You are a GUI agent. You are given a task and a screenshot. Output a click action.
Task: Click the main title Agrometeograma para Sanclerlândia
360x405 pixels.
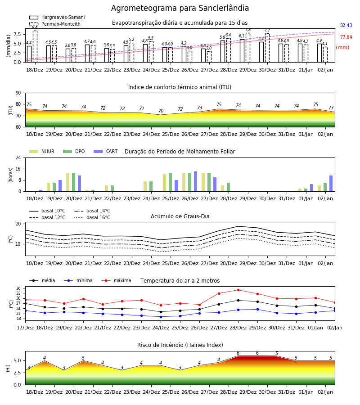(180, 8)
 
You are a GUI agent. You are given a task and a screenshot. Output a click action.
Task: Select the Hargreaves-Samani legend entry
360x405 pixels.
(57, 17)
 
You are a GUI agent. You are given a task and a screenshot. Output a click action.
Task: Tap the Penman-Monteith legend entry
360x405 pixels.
(55, 24)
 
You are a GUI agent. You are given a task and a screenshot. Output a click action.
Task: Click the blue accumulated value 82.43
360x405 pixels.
(346, 25)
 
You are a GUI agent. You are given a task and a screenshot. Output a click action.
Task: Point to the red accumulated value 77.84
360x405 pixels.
(346, 37)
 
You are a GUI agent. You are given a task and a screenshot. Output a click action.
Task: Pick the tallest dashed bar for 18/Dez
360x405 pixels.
(35, 46)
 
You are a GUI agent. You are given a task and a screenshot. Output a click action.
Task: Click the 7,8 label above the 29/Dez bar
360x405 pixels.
(248, 30)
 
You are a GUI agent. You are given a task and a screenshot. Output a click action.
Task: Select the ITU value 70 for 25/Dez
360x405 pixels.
(161, 111)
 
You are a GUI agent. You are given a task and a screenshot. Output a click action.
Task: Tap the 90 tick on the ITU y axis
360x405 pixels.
(18, 93)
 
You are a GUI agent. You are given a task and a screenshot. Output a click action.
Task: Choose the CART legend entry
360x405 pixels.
(106, 151)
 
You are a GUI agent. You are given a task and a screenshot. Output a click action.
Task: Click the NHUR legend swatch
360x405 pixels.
(34, 151)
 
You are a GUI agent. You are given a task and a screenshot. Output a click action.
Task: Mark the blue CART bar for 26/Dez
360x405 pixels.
(195, 181)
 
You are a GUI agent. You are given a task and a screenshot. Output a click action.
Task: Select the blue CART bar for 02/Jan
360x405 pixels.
(331, 184)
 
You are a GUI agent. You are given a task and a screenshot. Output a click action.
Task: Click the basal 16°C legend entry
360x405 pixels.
(92, 217)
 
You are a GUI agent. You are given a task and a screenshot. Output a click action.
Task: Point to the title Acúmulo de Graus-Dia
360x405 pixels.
(180, 216)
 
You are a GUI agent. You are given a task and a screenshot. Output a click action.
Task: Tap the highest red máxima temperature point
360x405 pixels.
(238, 290)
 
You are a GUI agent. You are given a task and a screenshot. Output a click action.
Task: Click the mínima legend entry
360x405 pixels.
(78, 280)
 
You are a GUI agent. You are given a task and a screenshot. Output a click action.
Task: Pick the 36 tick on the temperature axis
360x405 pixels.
(18, 288)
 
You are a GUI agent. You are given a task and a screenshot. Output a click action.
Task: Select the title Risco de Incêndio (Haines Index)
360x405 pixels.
(180, 345)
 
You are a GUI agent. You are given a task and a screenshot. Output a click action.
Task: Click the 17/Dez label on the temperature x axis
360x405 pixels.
(25, 328)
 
